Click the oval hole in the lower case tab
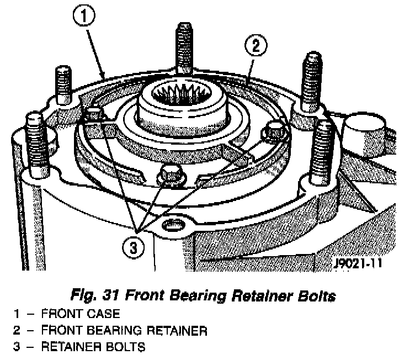(x=173, y=226)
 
